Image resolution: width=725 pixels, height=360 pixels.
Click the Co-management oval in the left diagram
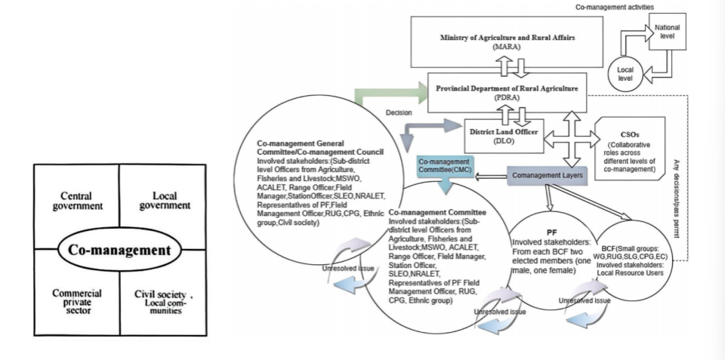[119, 250]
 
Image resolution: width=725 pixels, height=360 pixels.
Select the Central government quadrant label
[76, 201]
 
